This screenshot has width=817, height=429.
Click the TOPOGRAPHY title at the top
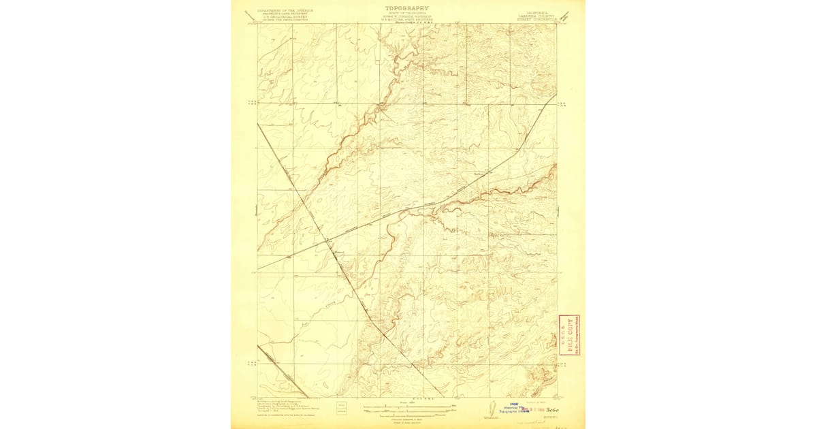(x=408, y=8)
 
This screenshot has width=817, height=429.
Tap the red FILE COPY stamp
(x=571, y=335)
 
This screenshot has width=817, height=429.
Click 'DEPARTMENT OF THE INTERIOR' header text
(x=282, y=11)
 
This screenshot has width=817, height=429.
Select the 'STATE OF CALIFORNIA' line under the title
(x=408, y=14)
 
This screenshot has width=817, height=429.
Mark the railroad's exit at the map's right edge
(x=557, y=93)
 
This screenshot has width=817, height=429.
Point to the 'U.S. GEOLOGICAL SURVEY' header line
(x=282, y=18)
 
